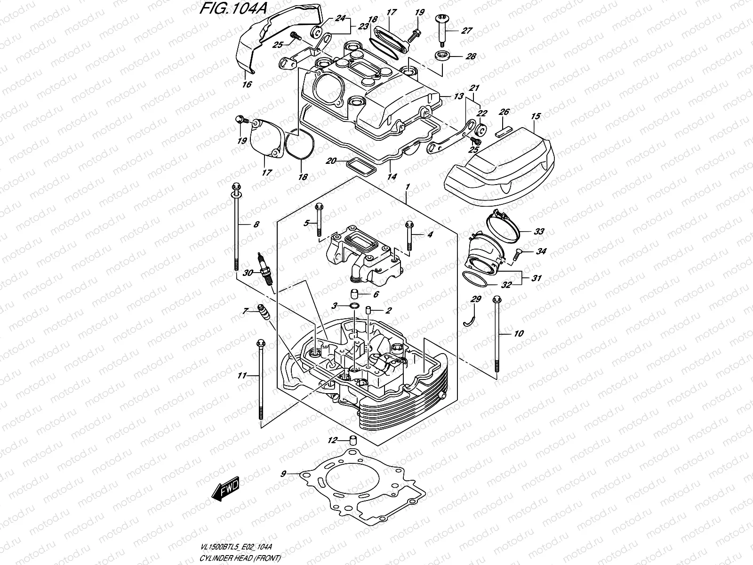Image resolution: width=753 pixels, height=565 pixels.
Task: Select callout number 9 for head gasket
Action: click(x=283, y=473)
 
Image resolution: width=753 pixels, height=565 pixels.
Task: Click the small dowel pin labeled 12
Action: click(x=352, y=441)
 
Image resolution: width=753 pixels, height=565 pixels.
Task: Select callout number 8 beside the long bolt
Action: click(x=256, y=225)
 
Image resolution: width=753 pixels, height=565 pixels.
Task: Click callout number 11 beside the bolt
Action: click(x=242, y=375)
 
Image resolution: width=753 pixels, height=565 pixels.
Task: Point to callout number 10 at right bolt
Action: click(x=518, y=334)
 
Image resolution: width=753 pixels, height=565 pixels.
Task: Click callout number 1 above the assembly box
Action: click(x=408, y=187)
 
